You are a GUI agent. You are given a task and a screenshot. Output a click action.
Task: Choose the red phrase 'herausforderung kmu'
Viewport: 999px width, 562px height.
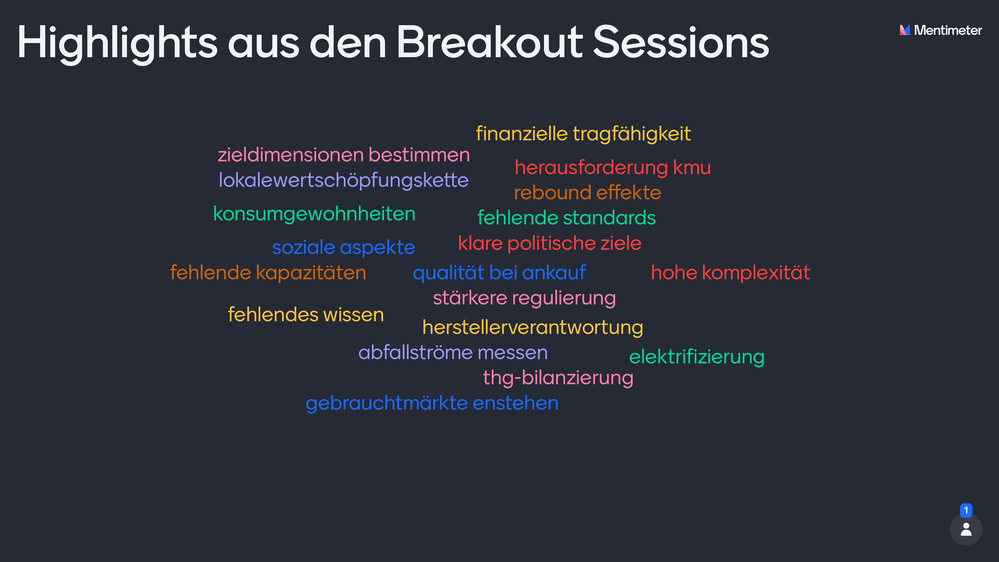click(x=613, y=168)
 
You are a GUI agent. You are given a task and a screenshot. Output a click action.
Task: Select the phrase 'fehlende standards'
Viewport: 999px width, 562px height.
click(x=567, y=218)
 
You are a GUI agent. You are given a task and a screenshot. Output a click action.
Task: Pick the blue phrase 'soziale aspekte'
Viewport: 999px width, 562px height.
click(x=344, y=247)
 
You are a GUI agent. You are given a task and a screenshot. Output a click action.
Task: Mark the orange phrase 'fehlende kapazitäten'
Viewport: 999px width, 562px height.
click(x=268, y=273)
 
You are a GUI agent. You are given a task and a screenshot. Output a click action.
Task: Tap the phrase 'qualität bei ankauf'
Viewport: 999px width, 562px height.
click(x=499, y=273)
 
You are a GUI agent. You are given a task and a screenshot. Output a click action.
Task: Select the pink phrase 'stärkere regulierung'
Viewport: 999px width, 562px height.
click(x=524, y=298)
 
